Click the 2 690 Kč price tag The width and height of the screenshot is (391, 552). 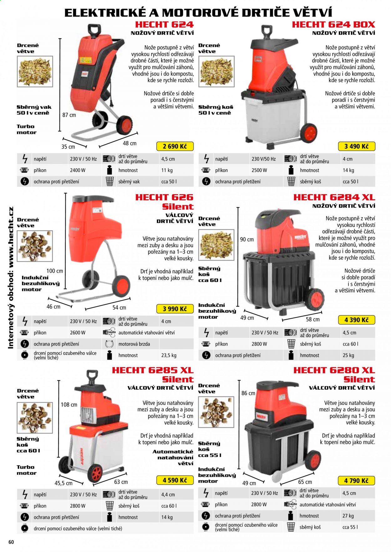click(175, 146)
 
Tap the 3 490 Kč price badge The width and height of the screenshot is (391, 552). click(357, 146)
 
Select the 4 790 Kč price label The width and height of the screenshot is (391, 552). click(357, 481)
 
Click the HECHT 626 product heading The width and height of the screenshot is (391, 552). click(164, 197)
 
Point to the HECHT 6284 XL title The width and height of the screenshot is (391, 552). click(334, 197)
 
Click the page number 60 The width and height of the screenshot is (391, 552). click(11, 542)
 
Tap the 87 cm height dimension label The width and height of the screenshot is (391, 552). click(69, 115)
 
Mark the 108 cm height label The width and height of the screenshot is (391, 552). click(69, 405)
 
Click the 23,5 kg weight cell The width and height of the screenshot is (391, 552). click(169, 355)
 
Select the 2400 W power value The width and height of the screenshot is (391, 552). click(78, 170)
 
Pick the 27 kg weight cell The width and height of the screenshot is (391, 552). click(348, 516)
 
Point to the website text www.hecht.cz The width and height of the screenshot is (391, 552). click(11, 237)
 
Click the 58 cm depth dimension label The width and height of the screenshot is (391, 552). click(313, 319)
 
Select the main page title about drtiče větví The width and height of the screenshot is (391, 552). click(198, 12)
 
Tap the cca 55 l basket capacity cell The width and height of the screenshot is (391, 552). click(350, 527)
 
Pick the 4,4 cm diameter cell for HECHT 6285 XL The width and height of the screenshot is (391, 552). click(168, 495)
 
